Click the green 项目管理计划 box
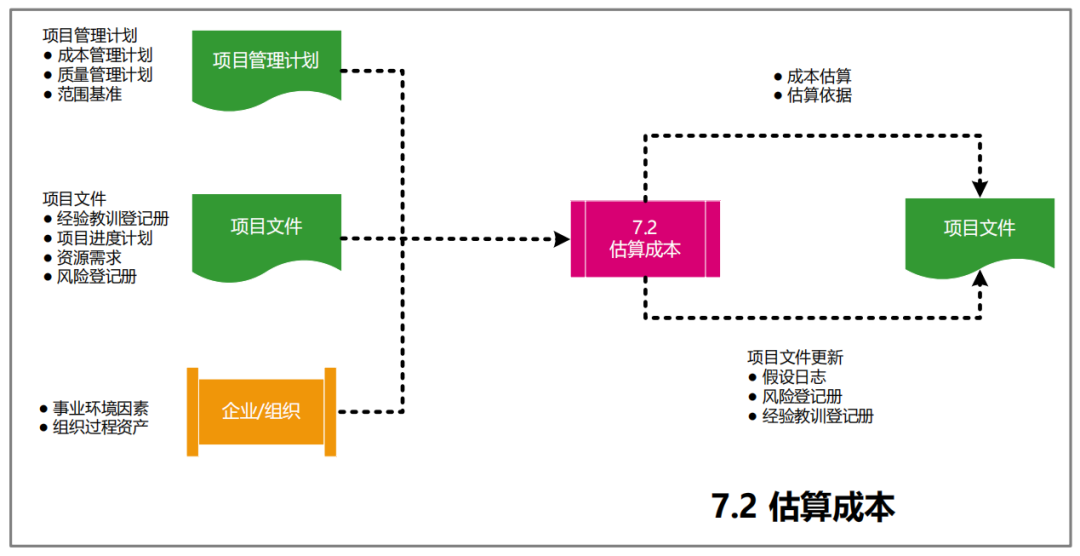(x=266, y=63)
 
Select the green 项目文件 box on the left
(x=266, y=229)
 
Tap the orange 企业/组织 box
(x=261, y=411)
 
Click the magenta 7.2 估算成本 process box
(x=645, y=239)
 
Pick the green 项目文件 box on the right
(x=979, y=231)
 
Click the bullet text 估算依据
(x=818, y=96)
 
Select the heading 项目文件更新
(x=795, y=356)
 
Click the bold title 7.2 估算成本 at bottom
(x=803, y=507)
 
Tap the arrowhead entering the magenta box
(x=561, y=239)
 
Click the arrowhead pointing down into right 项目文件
(x=980, y=188)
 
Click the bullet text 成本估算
(x=818, y=76)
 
